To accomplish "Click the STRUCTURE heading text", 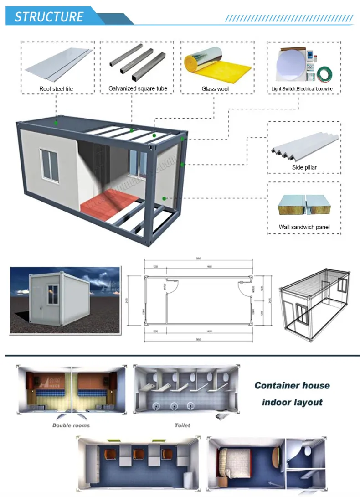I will click(49, 17).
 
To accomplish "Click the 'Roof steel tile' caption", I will click(56, 88).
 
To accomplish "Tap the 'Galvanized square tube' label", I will click(138, 88).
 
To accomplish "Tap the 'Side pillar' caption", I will click(304, 167).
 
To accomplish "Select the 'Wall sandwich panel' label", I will click(304, 227).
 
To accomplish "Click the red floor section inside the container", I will click(109, 201).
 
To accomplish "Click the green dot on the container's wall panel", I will click(165, 198).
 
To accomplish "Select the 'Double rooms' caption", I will click(71, 425).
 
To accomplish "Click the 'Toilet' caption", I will click(182, 425).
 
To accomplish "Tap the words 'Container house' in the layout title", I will click(292, 386).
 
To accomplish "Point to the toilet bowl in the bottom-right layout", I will click(308, 451).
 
